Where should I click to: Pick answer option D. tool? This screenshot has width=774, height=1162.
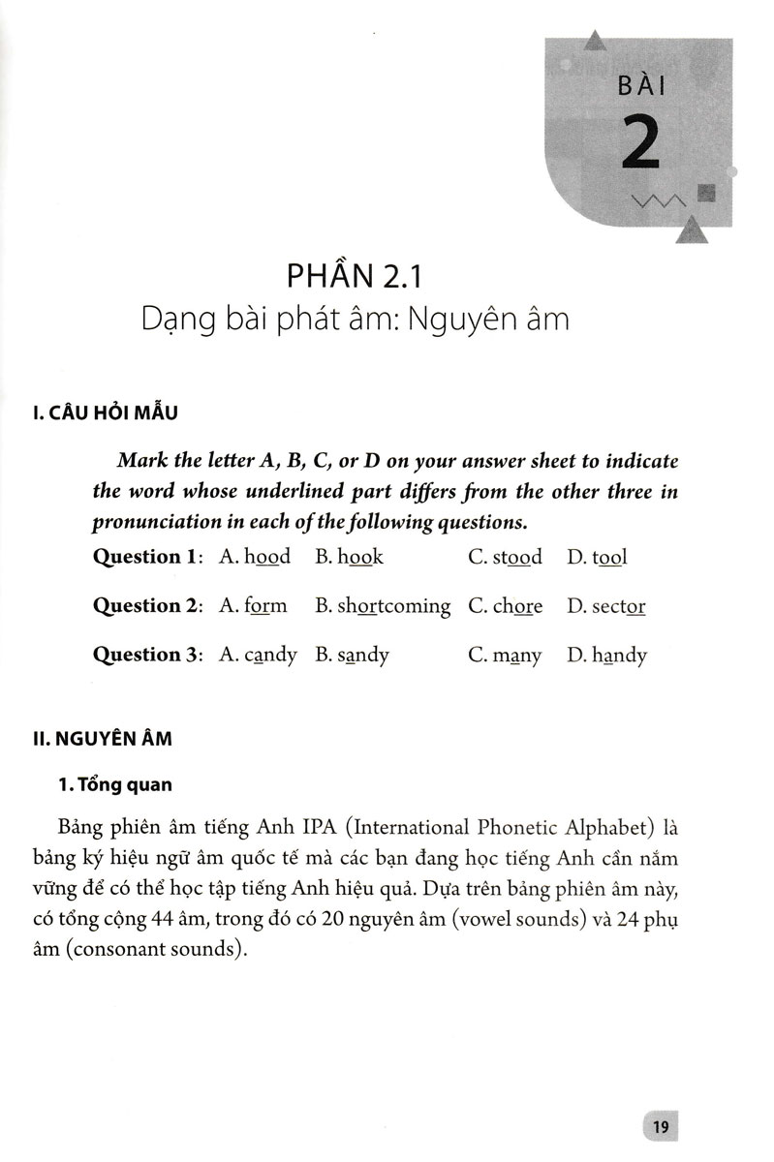(x=598, y=557)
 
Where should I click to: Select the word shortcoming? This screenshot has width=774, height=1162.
(x=393, y=607)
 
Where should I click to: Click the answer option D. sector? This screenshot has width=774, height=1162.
(x=606, y=606)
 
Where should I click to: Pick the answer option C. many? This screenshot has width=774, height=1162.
(x=504, y=656)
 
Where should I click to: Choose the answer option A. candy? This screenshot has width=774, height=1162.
(x=259, y=656)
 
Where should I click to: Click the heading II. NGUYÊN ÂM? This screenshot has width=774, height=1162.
(x=102, y=739)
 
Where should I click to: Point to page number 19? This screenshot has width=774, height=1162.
(x=662, y=1126)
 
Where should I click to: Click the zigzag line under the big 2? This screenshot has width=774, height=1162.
(x=658, y=200)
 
